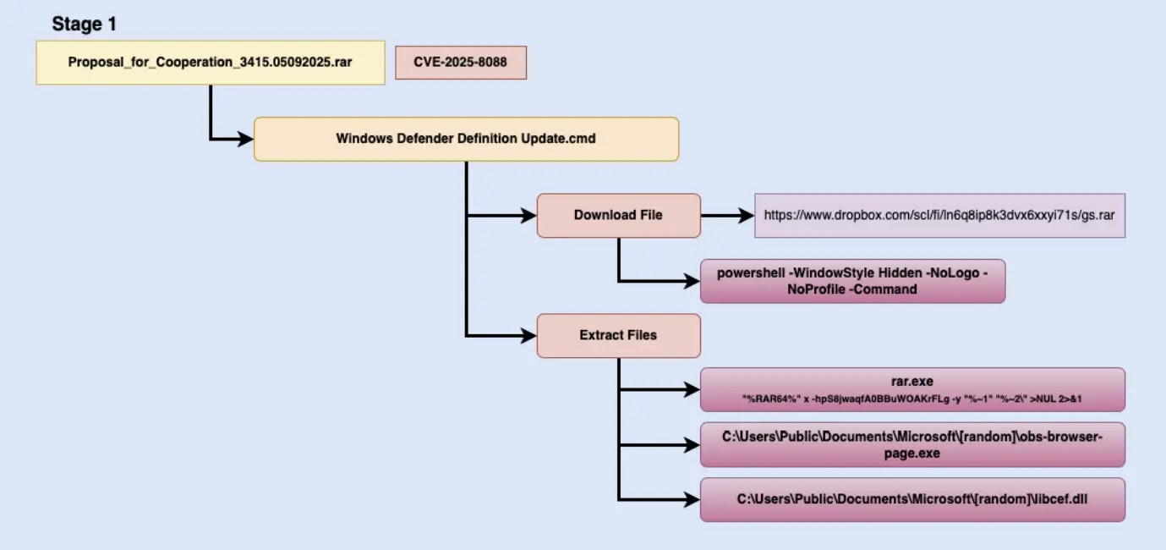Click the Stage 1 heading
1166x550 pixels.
click(x=84, y=24)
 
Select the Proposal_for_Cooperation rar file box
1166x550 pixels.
click(x=210, y=63)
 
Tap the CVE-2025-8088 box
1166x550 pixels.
click(x=461, y=63)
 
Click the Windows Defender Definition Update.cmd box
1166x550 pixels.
click(x=466, y=138)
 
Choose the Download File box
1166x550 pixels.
click(x=618, y=215)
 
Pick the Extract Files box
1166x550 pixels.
click(x=618, y=335)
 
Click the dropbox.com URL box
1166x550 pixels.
click(x=939, y=215)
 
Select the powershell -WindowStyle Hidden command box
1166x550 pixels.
click(x=852, y=281)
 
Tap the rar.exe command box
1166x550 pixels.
click(x=912, y=389)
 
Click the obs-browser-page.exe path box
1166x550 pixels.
click(x=912, y=445)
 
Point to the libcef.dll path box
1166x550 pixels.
click(x=912, y=499)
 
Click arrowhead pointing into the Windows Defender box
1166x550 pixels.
click(x=246, y=138)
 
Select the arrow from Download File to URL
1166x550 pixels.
click(x=727, y=215)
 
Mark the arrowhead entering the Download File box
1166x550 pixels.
click(x=529, y=215)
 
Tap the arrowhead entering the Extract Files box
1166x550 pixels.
click(x=529, y=336)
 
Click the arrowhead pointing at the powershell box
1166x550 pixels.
click(x=692, y=281)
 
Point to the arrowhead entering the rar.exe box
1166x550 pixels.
click(x=692, y=389)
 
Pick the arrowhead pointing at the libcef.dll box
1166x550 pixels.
click(x=692, y=499)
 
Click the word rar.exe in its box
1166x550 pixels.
click(x=911, y=382)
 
